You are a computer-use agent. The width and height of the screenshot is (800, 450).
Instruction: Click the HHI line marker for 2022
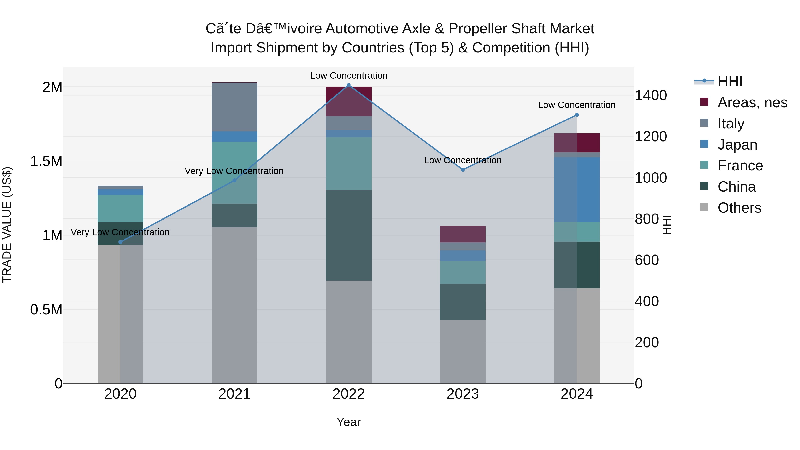coord(348,85)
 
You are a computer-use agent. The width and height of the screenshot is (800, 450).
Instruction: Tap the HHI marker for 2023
coord(463,170)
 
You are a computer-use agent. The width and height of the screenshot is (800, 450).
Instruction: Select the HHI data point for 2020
coord(120,242)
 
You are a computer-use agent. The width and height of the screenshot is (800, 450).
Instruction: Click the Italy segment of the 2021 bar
coord(234,107)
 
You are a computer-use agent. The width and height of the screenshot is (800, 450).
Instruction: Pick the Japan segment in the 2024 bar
coord(577,190)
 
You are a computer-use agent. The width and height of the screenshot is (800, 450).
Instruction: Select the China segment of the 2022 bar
coord(348,235)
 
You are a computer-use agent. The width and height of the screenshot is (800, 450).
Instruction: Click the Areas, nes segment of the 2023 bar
coord(463,234)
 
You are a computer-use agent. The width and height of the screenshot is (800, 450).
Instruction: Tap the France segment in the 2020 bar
coord(120,208)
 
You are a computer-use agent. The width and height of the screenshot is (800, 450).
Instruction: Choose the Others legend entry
coord(739,208)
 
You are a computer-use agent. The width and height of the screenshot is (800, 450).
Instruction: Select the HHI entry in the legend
coord(730,81)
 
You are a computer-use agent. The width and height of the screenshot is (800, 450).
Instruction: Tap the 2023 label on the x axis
coord(463,394)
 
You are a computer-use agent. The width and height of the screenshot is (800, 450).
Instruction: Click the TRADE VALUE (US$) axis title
coord(7,225)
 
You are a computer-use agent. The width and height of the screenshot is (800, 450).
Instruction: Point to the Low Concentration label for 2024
coord(577,105)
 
